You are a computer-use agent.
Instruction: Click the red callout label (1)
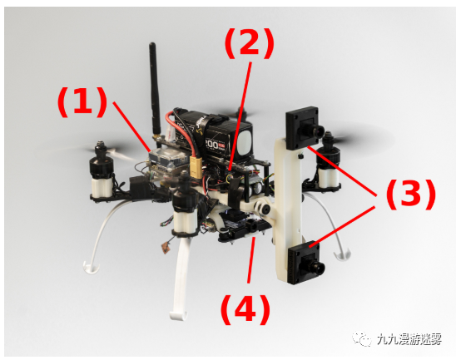pos(82,102)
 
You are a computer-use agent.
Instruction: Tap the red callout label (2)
pos(250,43)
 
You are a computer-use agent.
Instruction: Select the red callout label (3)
pos(410,194)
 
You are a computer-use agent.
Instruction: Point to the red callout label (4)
pos(245,310)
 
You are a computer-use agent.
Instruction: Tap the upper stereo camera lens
pos(318,131)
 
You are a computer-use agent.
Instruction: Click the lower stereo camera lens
pos(316,264)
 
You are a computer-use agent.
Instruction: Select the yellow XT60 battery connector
pos(196,167)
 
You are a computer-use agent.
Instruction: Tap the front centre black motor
pos(186,198)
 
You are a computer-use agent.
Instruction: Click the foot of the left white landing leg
pos(92,268)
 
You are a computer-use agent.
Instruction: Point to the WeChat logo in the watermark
pos(362,338)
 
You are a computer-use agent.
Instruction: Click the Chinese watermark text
pos(409,339)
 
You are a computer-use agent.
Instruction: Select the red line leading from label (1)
pos(131,126)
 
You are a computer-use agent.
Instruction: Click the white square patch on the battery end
pos(245,141)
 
